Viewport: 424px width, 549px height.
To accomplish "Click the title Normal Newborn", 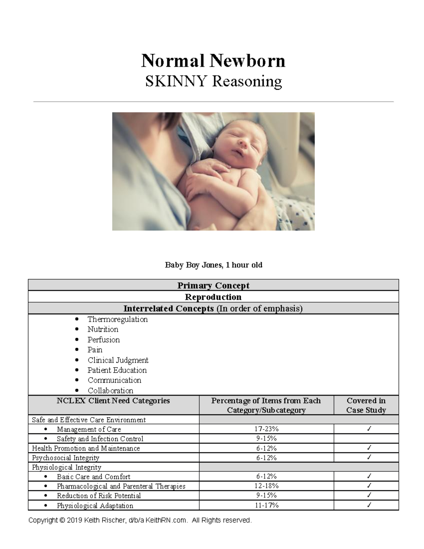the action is [x=213, y=61].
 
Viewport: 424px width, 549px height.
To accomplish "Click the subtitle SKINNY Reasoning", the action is [x=213, y=82].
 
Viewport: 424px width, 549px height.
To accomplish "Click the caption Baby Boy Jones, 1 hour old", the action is [x=213, y=265].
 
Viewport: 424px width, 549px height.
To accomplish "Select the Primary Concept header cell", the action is [x=213, y=285].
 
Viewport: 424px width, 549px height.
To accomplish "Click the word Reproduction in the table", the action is [x=213, y=297].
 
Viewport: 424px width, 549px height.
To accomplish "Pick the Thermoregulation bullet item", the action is [x=117, y=319].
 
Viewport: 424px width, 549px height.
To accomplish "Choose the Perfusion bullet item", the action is [x=104, y=340].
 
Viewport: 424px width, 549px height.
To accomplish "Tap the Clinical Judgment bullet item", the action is [x=118, y=360].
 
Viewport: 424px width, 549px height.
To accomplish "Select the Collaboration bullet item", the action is [x=110, y=391].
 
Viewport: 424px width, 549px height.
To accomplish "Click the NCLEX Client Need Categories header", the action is [x=113, y=401].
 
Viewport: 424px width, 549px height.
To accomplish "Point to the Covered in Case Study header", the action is [x=366, y=405].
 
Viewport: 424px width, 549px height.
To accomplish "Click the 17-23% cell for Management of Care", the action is [x=266, y=429].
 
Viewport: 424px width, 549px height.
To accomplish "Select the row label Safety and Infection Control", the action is [x=100, y=439].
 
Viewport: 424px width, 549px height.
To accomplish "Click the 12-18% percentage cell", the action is [x=266, y=486].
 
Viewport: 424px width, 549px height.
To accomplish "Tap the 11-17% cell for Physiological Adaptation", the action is [x=266, y=506].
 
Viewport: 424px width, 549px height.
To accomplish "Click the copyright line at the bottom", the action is [x=140, y=520].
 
